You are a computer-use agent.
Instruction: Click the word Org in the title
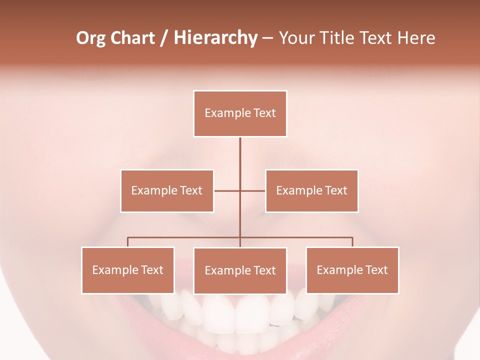90,38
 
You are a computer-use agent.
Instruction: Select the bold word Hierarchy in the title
215,38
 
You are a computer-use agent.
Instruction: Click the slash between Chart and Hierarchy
164,38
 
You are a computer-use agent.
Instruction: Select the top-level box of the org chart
240,113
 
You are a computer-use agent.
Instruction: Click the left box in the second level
167,190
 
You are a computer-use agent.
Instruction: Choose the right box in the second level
311,190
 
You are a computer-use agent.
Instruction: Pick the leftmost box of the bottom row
128,270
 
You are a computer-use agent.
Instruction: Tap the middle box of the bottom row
240,270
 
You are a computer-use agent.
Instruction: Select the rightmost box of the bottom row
352,270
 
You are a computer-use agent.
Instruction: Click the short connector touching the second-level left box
226,190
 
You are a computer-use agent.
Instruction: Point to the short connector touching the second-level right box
253,190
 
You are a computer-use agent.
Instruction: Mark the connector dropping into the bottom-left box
128,242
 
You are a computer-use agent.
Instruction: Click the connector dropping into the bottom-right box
352,242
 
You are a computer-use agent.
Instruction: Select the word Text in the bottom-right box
376,270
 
